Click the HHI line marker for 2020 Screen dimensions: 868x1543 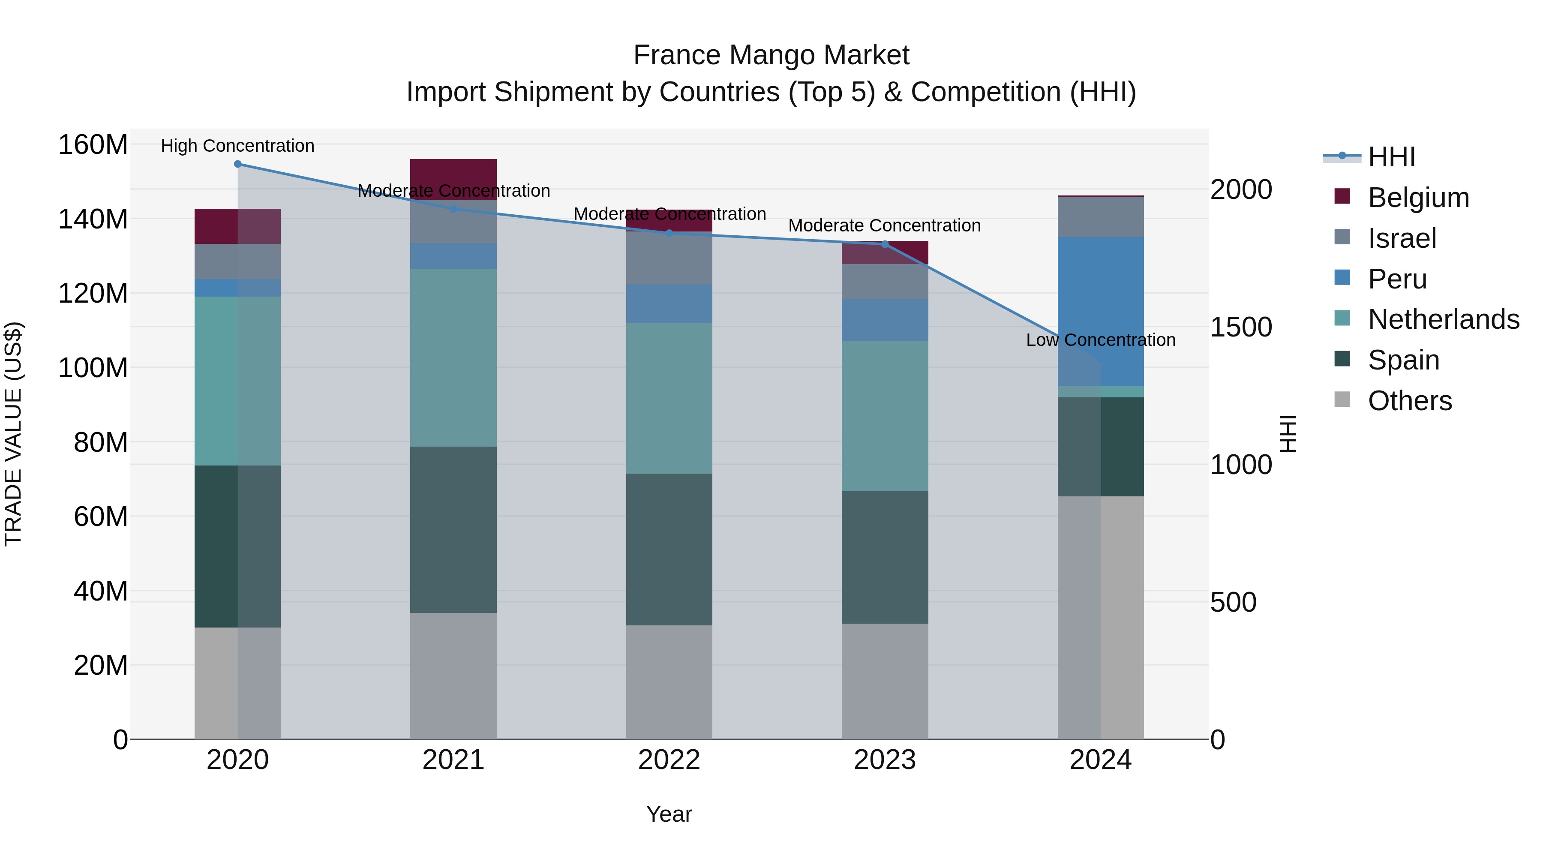click(x=238, y=164)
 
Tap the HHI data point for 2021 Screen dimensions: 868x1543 click(x=453, y=208)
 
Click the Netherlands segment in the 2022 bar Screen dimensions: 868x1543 click(x=669, y=398)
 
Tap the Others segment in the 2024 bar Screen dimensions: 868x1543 click(x=1101, y=617)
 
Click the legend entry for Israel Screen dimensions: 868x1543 click(x=1402, y=238)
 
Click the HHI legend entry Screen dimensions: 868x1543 click(x=1391, y=157)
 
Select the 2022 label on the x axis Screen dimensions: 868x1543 click(x=669, y=760)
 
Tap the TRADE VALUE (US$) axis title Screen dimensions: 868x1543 click(x=13, y=434)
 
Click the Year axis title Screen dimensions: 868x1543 click(x=669, y=814)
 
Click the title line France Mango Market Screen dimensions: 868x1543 click(x=771, y=55)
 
